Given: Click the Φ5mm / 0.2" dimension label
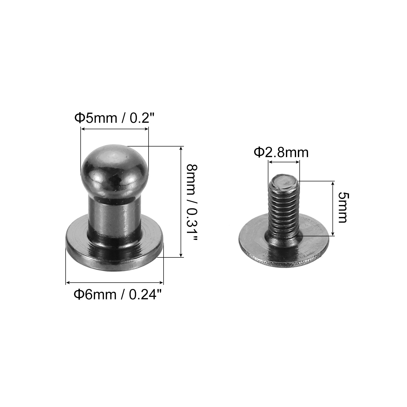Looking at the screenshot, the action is [114, 118].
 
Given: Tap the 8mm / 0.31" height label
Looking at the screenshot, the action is [192, 203].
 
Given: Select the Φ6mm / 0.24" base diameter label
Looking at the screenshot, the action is [118, 295].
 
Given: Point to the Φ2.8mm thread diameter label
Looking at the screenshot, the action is [281, 153].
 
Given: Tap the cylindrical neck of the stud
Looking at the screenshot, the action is [115, 214].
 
